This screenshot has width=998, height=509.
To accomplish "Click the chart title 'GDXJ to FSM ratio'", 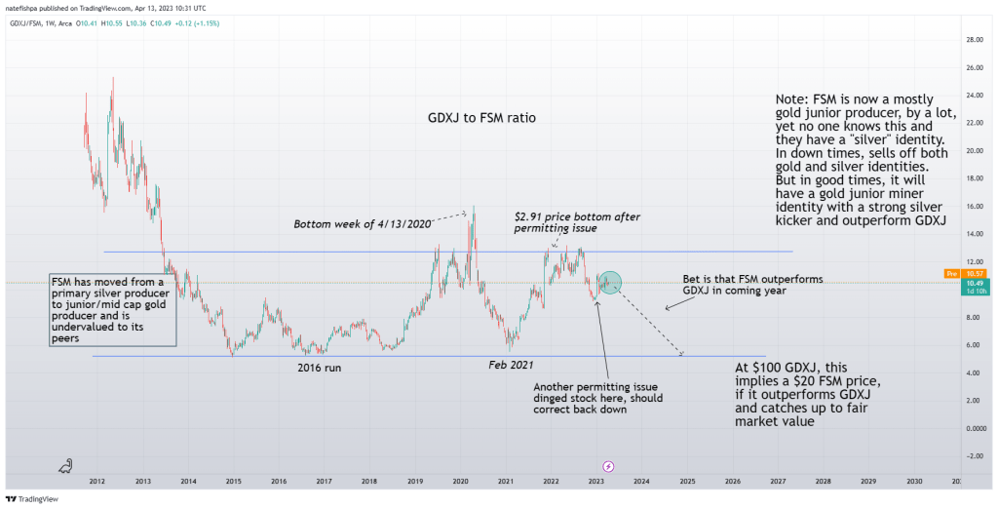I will [x=481, y=118].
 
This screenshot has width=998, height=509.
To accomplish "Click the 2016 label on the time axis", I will [x=279, y=482].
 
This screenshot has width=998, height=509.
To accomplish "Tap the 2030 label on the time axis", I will [x=914, y=482].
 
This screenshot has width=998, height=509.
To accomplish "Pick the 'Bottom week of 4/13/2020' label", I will [x=363, y=224].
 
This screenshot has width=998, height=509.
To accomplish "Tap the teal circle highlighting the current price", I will [x=610, y=282].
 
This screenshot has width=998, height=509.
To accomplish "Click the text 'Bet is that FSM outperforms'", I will [x=752, y=280].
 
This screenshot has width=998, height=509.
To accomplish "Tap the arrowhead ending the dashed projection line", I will [x=682, y=353].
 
